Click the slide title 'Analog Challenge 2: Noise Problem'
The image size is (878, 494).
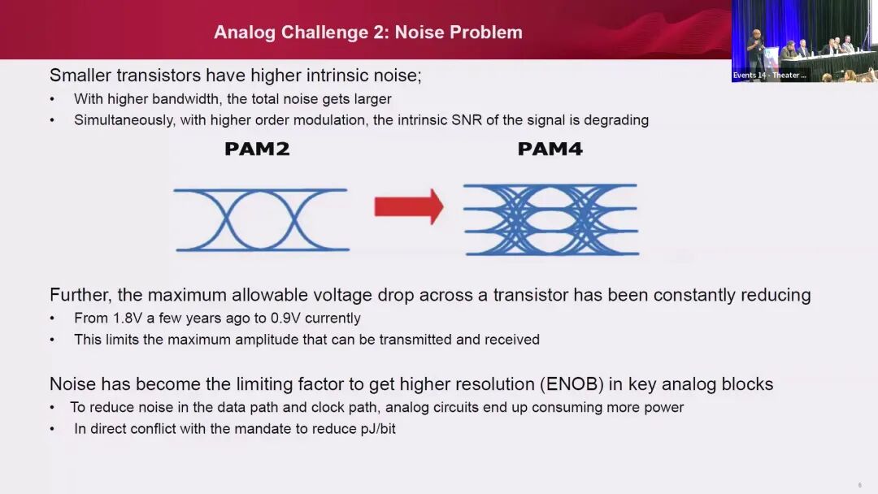pos(367,32)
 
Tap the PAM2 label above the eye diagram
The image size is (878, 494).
pos(257,149)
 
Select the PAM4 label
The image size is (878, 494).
pos(550,149)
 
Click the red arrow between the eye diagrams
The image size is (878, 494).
pos(408,206)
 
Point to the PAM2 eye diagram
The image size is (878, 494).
pos(262,219)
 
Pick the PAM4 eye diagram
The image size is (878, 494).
pos(550,219)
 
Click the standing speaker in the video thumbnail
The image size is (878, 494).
pos(756,53)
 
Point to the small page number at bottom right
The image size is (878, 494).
pos(859,485)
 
